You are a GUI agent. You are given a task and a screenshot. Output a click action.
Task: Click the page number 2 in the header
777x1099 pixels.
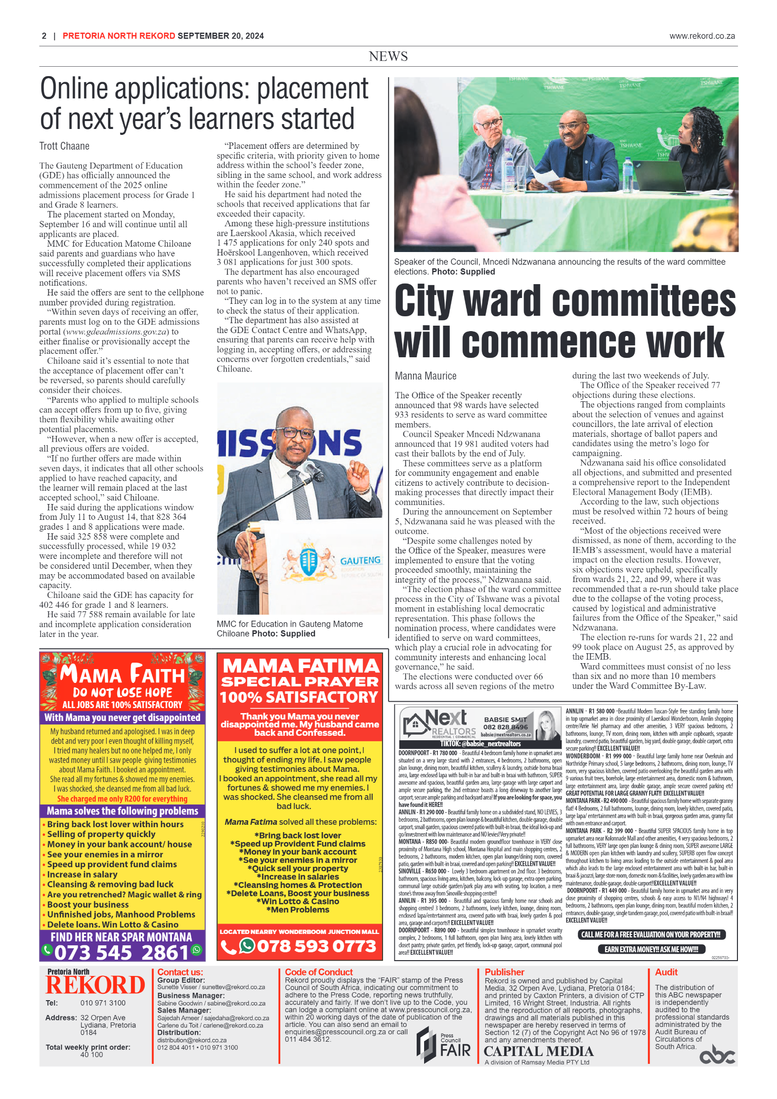(x=44, y=36)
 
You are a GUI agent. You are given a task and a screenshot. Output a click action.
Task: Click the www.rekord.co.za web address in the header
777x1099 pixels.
(x=702, y=36)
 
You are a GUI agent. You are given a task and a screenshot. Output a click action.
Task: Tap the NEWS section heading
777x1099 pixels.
(x=388, y=56)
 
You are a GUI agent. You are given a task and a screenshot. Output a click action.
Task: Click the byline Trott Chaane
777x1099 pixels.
(x=64, y=146)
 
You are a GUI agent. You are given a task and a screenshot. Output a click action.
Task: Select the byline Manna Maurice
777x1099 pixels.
(x=426, y=376)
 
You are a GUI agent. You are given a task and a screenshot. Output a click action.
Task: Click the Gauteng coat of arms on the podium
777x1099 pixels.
(x=309, y=563)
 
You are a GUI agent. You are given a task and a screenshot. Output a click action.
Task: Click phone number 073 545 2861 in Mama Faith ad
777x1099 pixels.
(x=122, y=952)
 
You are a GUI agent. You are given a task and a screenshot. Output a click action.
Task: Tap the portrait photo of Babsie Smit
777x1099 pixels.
(x=546, y=724)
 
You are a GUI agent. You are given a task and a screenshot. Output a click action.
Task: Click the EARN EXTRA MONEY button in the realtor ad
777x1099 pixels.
(x=651, y=949)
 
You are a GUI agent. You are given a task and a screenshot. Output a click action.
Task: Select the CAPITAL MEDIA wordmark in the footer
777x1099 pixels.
(x=538, y=1051)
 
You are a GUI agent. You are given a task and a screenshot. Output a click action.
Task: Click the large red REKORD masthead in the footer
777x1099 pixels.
(x=95, y=985)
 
